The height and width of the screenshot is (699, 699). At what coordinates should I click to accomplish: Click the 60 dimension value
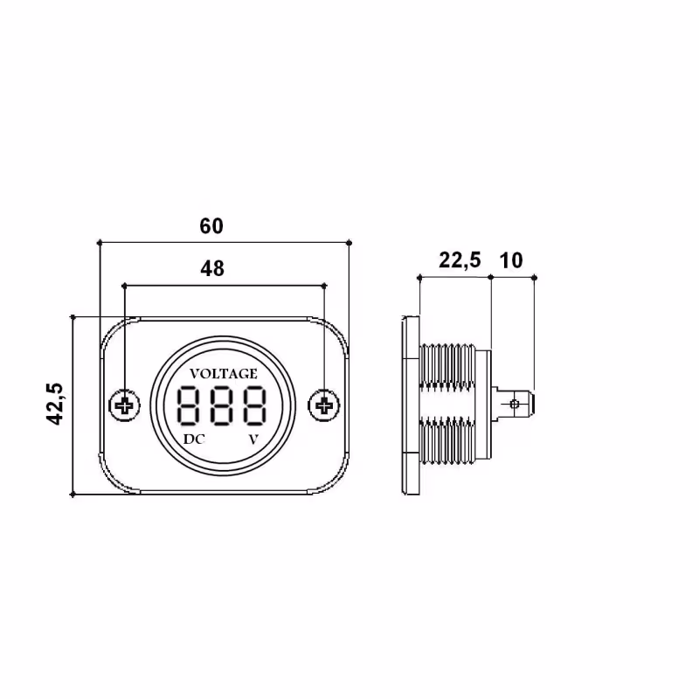(x=211, y=226)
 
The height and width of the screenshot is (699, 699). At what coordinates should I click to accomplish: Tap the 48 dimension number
(x=212, y=268)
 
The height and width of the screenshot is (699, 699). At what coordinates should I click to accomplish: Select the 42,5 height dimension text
(x=55, y=404)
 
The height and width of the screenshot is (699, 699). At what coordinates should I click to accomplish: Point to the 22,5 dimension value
(x=460, y=260)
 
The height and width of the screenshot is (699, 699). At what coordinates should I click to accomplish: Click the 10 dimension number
(x=511, y=260)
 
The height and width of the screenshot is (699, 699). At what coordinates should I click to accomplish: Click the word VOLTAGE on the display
(x=224, y=373)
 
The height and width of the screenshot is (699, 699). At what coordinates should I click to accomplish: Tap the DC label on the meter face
(x=194, y=439)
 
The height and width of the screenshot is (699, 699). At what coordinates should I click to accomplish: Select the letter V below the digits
(x=253, y=439)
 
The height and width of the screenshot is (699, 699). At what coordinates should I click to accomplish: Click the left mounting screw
(x=124, y=405)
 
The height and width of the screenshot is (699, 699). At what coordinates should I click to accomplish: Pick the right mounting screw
(x=323, y=405)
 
